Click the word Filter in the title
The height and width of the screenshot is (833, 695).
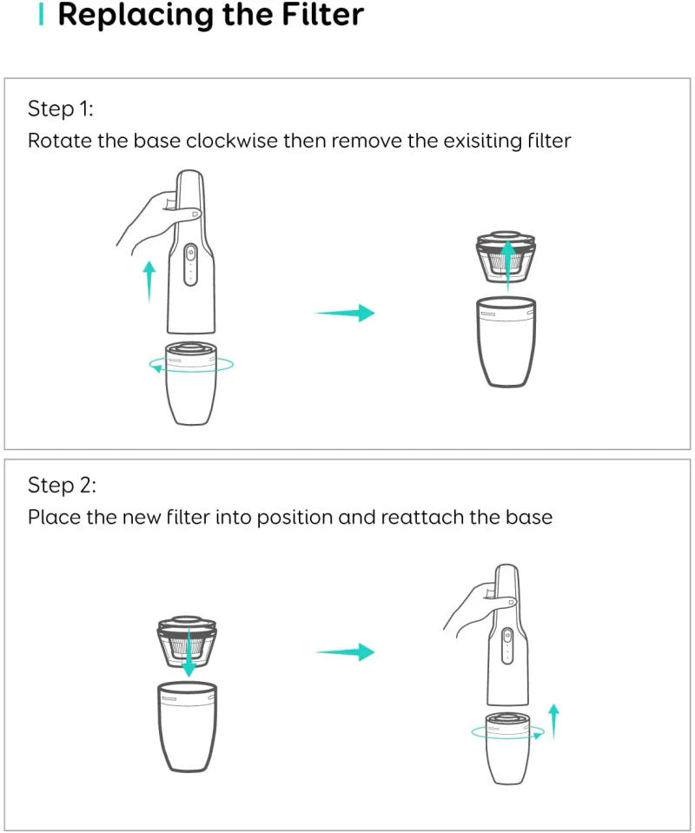tap(314, 16)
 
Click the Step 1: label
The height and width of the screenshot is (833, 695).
tap(60, 109)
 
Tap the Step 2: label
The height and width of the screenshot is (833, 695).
tap(61, 484)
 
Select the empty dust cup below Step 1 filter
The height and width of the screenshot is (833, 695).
tap(506, 343)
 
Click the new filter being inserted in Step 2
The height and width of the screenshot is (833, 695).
tap(187, 642)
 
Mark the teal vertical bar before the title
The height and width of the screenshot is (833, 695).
tap(41, 15)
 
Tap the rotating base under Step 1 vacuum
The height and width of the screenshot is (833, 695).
tap(190, 382)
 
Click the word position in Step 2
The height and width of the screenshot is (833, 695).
tap(294, 517)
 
